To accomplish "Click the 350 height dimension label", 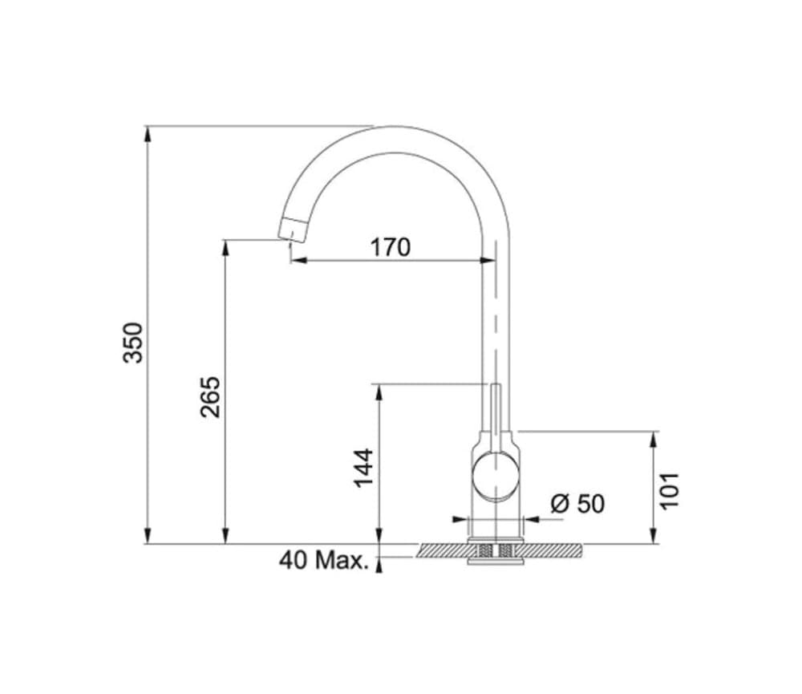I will (133, 342).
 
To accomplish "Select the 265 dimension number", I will (210, 396).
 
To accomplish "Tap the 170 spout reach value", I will (390, 247).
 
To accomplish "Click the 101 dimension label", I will (669, 489).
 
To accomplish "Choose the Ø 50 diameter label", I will (577, 504).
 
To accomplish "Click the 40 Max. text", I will (324, 560).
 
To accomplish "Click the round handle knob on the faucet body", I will (495, 476).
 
